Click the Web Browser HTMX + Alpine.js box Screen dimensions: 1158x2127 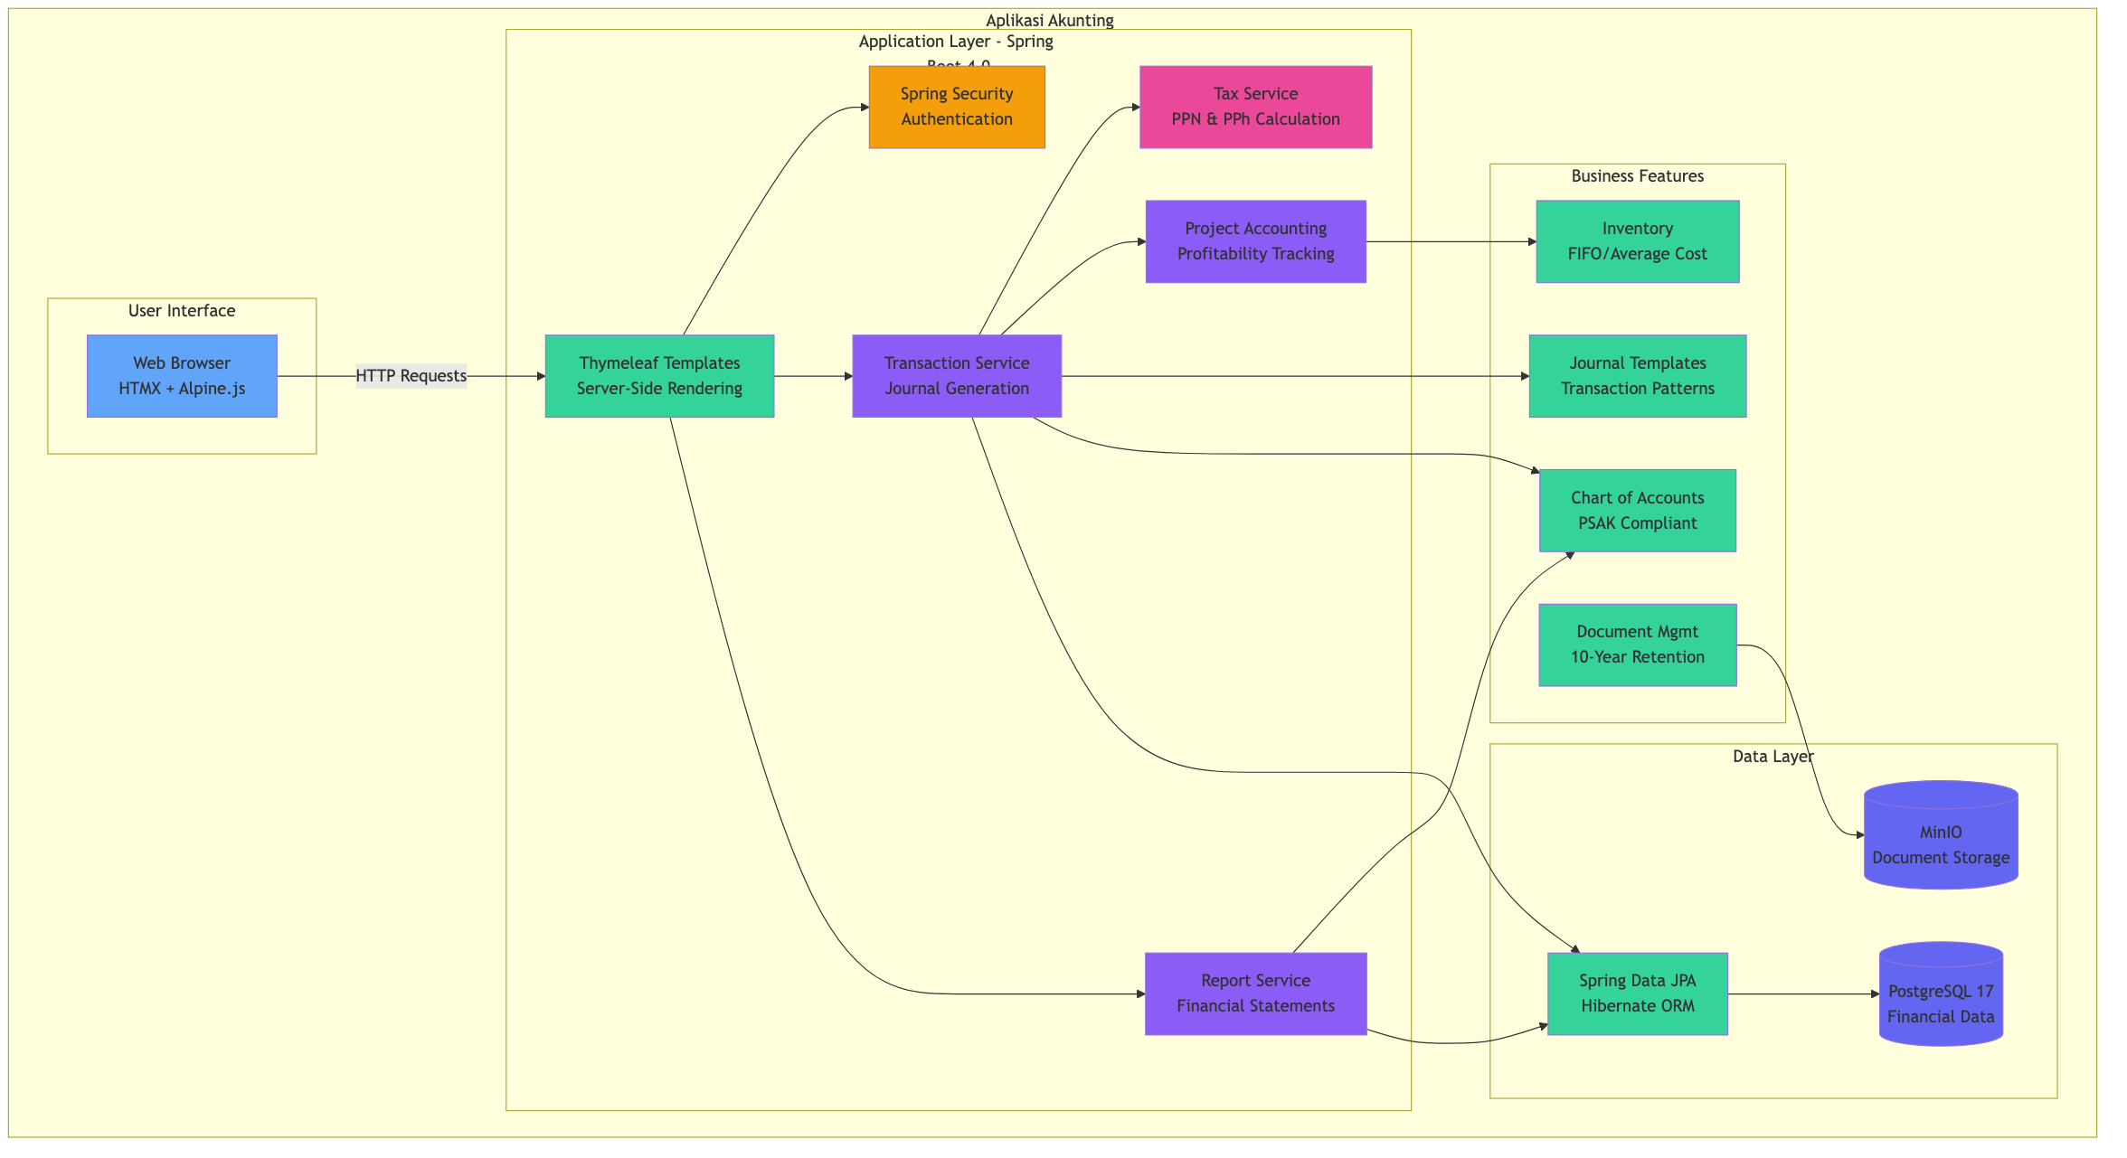pos(182,376)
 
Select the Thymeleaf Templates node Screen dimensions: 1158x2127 pos(659,376)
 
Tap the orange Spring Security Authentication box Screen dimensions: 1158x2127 pos(957,107)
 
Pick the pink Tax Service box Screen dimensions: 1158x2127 pos(1255,107)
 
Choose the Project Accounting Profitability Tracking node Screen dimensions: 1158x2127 pos(1255,241)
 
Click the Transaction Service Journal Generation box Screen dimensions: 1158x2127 pos(957,376)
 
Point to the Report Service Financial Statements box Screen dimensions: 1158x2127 pos(1255,993)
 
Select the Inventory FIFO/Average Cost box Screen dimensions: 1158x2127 pos(1637,241)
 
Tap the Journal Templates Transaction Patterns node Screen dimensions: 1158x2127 pos(1637,376)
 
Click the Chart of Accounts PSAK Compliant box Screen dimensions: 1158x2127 pos(1637,511)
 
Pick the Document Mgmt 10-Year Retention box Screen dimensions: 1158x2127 pos(1637,645)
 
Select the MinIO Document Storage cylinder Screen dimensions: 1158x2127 pos(1941,836)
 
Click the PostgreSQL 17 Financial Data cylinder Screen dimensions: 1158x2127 pos(1941,994)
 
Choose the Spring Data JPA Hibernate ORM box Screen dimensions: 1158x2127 pos(1637,993)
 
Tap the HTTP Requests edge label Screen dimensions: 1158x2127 pos(411,376)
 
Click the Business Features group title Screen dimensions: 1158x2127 pos(1637,176)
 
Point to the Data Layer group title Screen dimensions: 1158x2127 pos(1772,757)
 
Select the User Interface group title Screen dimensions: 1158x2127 pos(182,311)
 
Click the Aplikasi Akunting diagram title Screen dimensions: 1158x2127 pos(1049,21)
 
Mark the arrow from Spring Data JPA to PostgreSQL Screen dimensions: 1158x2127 pos(1803,994)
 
